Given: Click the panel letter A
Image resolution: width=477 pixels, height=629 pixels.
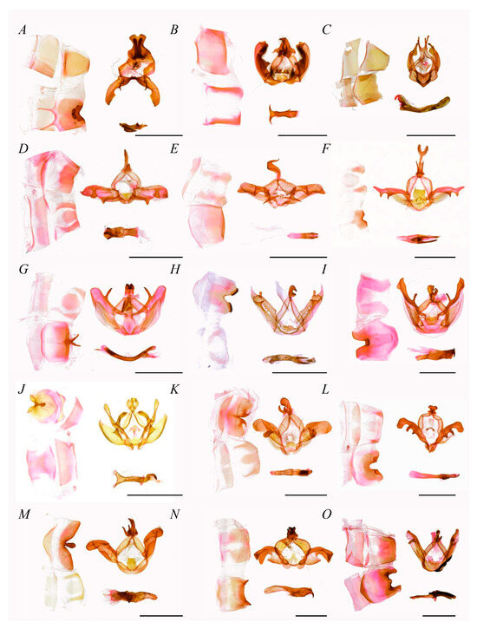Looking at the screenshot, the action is point(23,30).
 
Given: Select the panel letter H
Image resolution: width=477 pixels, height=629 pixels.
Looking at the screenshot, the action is point(175,270).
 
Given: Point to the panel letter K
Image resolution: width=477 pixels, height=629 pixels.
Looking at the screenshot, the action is point(175,390).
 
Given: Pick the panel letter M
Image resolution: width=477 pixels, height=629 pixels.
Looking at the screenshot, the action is point(23,514).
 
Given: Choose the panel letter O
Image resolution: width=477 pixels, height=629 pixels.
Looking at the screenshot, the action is point(326,514).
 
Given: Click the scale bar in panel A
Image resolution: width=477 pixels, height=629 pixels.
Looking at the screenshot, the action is point(159,135).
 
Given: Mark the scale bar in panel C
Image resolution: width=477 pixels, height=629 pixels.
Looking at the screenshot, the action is point(431,135).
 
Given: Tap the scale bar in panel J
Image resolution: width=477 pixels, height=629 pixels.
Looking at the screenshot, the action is point(154,495).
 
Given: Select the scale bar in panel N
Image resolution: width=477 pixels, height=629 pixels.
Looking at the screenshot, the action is point(311,615).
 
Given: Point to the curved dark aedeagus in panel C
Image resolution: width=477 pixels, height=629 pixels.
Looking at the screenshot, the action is point(422,103).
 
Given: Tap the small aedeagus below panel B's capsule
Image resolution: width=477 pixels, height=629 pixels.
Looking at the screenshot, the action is point(283,114).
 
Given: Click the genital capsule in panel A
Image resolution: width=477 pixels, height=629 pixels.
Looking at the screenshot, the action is point(133,70).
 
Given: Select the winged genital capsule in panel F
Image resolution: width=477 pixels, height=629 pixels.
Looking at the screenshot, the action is point(419,186).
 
